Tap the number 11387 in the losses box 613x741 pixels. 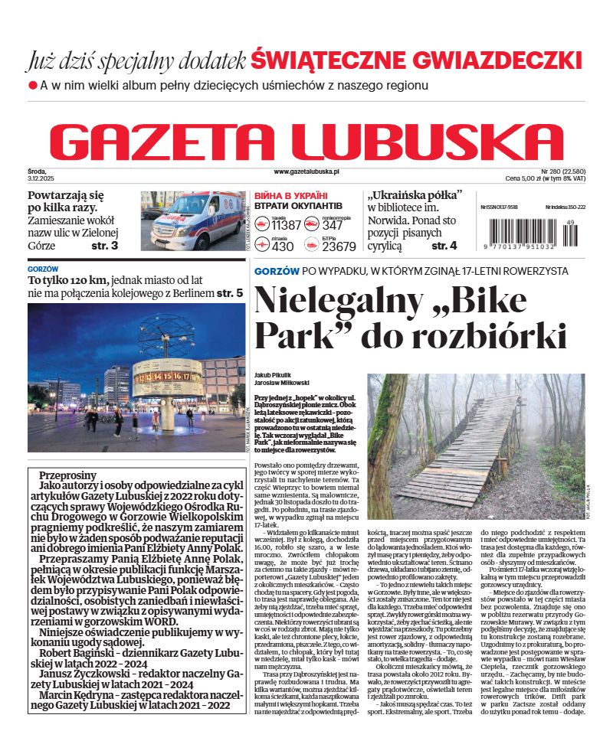[x=287, y=225]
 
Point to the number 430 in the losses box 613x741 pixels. [x=283, y=246]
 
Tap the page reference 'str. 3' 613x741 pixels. [x=104, y=246]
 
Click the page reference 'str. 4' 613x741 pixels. [x=444, y=246]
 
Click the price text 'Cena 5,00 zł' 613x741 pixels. [x=529, y=178]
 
